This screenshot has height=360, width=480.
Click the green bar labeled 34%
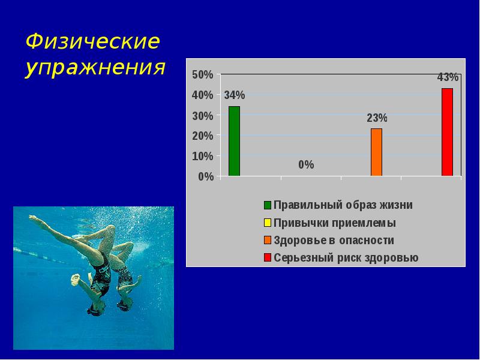234,142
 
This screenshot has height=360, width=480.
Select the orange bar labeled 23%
376,152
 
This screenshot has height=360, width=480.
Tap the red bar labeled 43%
447,132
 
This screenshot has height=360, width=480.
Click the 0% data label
306,164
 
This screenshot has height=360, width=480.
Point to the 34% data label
235,95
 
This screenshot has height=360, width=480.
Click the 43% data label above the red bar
448,77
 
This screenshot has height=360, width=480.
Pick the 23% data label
377,118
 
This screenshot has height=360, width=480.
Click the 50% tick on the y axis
202,75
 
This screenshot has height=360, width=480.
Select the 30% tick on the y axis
202,116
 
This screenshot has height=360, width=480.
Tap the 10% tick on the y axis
202,156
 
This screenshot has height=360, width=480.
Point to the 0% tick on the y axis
205,176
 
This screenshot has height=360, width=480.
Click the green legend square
267,205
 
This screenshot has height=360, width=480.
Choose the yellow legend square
267,223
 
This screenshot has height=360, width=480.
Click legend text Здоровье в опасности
334,241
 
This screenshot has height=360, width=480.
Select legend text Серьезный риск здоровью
346,259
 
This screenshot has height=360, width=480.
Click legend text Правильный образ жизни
343,205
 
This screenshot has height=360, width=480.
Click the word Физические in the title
93,42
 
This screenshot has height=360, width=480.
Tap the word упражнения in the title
95,68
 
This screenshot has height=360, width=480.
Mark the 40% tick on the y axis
202,95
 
